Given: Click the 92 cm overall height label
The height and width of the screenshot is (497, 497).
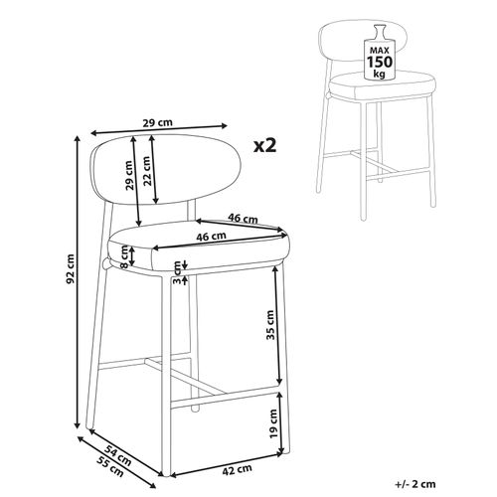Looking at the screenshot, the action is pos(70,269).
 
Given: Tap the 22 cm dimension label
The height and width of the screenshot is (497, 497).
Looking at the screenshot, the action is pos(147,170).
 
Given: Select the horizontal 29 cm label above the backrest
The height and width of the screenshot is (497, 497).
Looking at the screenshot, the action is pos(158,123).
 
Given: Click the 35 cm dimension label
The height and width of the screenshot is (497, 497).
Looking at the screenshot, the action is pos(270,325).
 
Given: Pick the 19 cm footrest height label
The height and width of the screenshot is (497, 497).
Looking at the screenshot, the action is pos(273,423).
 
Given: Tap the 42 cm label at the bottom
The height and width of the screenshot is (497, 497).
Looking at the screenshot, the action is pos(237,470).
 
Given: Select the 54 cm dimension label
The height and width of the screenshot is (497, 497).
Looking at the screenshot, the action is pos(117,455).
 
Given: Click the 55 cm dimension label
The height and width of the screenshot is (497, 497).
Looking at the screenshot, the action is pos(110,467).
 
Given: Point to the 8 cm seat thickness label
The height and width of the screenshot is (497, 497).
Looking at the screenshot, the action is pos(124,257).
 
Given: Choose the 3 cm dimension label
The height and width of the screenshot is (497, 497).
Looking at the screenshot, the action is pos(177,272).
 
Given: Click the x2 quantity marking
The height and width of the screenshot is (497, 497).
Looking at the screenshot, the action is pos(264,145).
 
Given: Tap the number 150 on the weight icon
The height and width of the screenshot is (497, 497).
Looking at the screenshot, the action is pos(380,62).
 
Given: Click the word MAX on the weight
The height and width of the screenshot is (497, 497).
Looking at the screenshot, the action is pos(380,51).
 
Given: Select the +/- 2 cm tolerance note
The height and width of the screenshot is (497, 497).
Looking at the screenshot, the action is pos(415,484).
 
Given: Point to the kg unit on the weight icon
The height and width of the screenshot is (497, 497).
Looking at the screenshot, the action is pos(380,74).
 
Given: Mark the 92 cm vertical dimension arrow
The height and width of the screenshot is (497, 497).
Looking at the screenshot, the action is pos(79,282).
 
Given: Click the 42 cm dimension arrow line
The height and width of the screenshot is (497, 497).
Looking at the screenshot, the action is pos(227,464).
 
